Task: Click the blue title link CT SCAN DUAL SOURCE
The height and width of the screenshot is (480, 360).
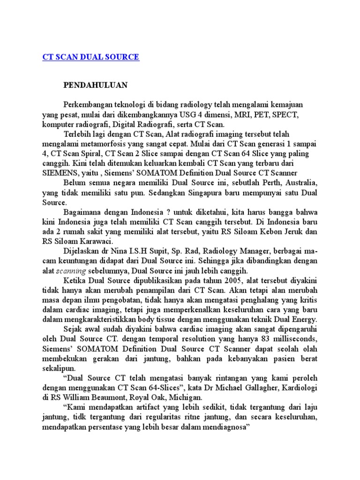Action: click(90, 57)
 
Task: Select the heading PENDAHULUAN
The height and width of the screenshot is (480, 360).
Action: click(96, 85)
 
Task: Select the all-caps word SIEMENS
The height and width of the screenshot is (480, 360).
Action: click(58, 173)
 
